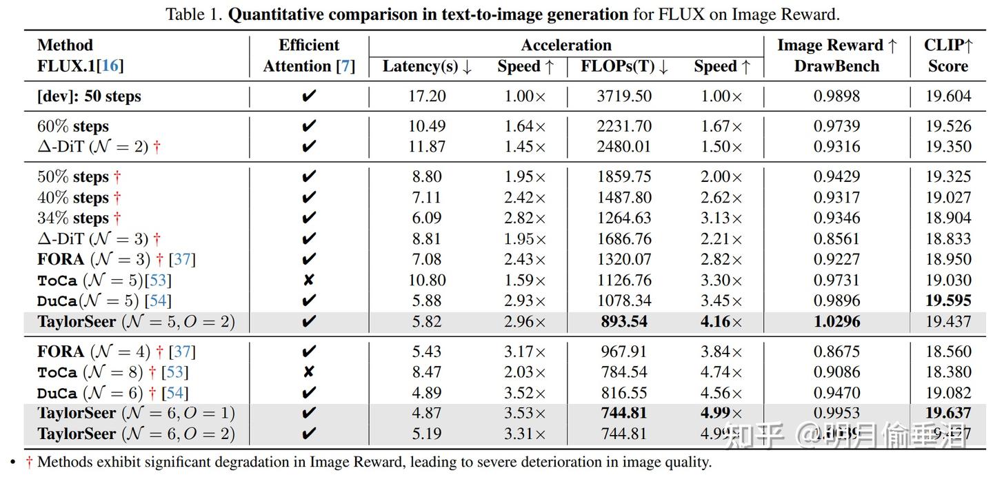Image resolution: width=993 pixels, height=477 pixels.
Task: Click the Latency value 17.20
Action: click(x=427, y=96)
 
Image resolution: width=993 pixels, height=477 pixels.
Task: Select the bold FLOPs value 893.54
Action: click(x=624, y=321)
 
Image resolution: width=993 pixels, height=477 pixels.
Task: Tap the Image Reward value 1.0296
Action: click(x=836, y=321)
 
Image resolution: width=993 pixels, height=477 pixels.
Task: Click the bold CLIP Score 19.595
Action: click(x=948, y=301)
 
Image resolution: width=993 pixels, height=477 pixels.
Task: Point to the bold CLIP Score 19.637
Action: click(x=948, y=413)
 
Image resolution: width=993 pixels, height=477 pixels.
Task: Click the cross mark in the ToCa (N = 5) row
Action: click(x=309, y=280)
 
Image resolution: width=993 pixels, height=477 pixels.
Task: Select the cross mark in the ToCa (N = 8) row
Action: click(x=309, y=372)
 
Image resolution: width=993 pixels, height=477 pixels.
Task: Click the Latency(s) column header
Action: click(x=427, y=67)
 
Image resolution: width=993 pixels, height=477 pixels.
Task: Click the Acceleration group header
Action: click(x=565, y=45)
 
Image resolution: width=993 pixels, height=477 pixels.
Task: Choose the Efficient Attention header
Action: click(x=309, y=56)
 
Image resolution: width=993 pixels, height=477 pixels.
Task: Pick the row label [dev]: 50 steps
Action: click(x=89, y=97)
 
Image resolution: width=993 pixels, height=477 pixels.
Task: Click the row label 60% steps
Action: click(x=73, y=126)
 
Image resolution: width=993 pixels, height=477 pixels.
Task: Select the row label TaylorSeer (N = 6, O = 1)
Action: click(x=136, y=414)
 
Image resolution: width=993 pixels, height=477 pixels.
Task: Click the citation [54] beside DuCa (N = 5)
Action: click(x=160, y=301)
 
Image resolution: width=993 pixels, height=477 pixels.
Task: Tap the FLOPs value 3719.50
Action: click(x=624, y=96)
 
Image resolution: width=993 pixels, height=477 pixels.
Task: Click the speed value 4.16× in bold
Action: click(x=721, y=321)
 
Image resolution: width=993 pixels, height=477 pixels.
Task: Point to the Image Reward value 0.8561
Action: click(x=836, y=238)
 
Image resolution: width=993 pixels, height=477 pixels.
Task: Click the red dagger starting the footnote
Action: click(x=29, y=462)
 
